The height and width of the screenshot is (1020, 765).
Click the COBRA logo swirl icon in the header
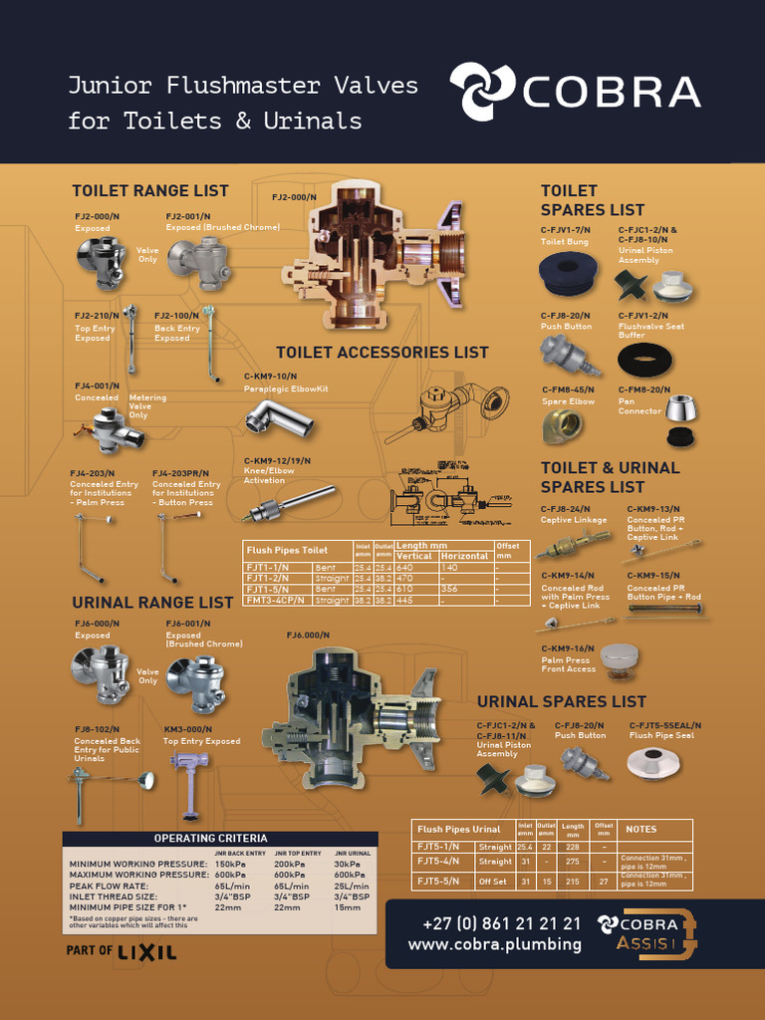coord(481,92)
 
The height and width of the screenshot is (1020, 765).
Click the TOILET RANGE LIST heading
coord(149,190)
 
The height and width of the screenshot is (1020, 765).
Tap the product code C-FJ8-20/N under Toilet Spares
coord(566,315)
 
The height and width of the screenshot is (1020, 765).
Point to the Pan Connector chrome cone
coord(682,407)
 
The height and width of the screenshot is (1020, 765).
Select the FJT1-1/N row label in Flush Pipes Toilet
coord(268,567)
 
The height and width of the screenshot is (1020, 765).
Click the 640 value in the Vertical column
coord(404,567)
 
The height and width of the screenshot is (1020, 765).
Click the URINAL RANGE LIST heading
coord(152,603)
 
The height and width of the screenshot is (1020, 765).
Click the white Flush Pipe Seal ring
coord(653,763)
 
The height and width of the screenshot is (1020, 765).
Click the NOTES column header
coord(639,829)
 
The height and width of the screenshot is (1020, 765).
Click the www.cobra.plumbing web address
coord(494,944)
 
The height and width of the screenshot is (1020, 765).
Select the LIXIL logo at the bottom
coord(146,951)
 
